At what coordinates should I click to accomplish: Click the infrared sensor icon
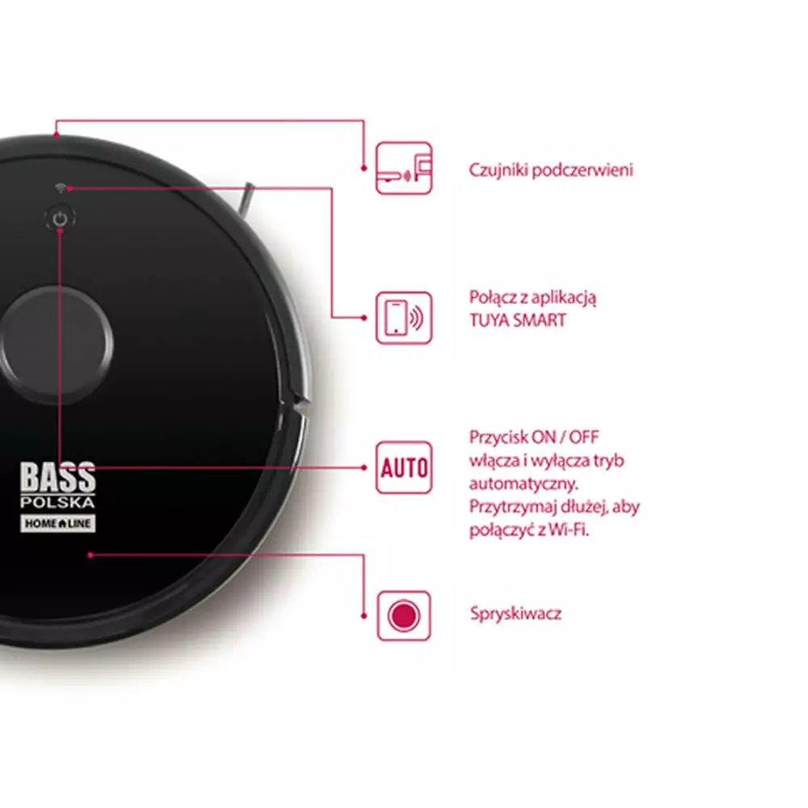click(404, 169)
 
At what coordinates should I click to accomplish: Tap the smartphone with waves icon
click(404, 318)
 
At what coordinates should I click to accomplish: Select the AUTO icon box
click(404, 467)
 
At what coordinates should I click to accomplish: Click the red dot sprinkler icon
click(404, 616)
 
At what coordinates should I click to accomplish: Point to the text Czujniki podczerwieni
click(551, 170)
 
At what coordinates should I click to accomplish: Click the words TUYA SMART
click(517, 321)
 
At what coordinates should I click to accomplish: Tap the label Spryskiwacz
click(516, 614)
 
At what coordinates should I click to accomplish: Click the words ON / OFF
click(566, 437)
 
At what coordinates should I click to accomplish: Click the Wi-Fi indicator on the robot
click(61, 187)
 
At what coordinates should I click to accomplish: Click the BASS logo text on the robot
click(57, 477)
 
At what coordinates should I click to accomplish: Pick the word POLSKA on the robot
click(57, 502)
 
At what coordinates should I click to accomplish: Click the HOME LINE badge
click(57, 524)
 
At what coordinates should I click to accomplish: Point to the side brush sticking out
click(246, 198)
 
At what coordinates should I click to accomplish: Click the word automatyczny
click(524, 484)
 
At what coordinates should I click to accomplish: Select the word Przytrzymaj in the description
click(512, 507)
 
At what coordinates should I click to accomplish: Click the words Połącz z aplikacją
click(532, 298)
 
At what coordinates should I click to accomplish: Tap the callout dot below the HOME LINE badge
click(90, 555)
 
